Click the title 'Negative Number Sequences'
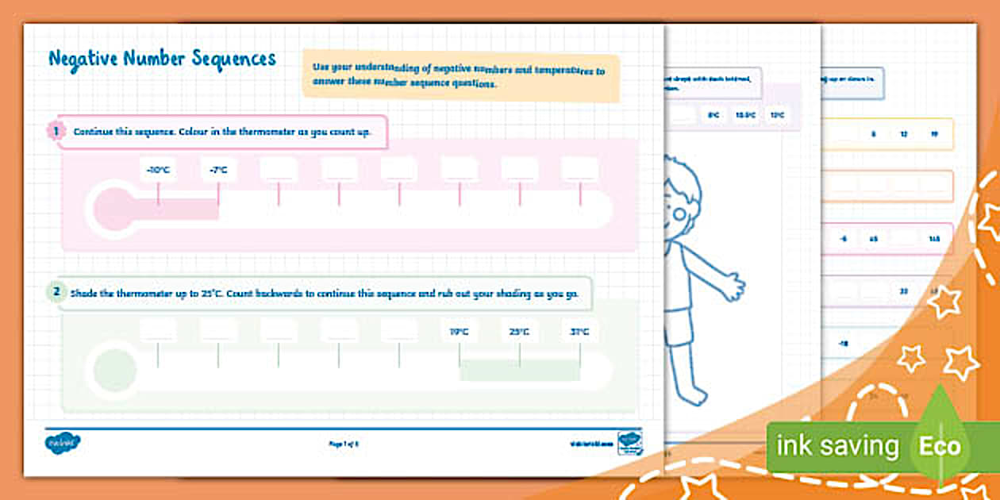click(162, 60)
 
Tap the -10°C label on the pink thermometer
click(158, 170)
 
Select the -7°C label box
click(218, 170)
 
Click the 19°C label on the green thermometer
click(460, 332)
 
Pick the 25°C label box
click(520, 332)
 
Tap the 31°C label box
click(580, 332)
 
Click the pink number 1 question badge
click(56, 131)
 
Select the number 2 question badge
click(56, 292)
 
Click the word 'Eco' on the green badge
click(940, 446)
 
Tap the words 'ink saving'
click(837, 446)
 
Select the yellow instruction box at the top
click(460, 76)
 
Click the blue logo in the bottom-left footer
click(63, 443)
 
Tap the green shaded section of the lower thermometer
click(520, 369)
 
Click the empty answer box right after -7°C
click(279, 170)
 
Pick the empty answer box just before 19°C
click(399, 332)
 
